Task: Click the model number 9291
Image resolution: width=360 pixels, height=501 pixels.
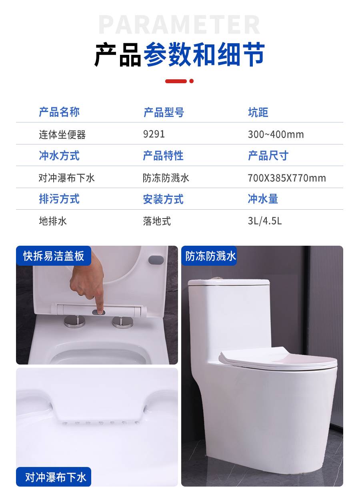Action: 154,134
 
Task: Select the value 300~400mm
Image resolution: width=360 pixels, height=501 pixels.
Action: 276,134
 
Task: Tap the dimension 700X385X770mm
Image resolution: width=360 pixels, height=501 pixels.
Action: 287,178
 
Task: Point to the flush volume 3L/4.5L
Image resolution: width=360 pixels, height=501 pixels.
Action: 265,221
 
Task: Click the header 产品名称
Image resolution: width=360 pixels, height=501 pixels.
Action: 59,112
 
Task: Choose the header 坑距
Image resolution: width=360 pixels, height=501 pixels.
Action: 258,112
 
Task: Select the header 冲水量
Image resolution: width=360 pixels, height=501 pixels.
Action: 263,198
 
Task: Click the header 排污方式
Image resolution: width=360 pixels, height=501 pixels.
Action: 59,198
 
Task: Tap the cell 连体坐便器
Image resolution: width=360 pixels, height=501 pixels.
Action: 62,134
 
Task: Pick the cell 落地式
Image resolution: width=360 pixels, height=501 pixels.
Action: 157,221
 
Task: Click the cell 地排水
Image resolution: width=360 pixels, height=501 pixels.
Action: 53,221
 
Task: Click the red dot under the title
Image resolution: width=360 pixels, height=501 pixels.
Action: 192,81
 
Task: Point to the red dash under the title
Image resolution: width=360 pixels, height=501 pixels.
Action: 176,81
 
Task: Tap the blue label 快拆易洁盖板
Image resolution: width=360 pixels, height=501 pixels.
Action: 54,256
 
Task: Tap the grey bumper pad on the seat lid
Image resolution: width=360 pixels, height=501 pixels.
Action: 156,260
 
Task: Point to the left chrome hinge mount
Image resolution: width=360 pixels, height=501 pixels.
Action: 75,322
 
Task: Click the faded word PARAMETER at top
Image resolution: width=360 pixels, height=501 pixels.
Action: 179,24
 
